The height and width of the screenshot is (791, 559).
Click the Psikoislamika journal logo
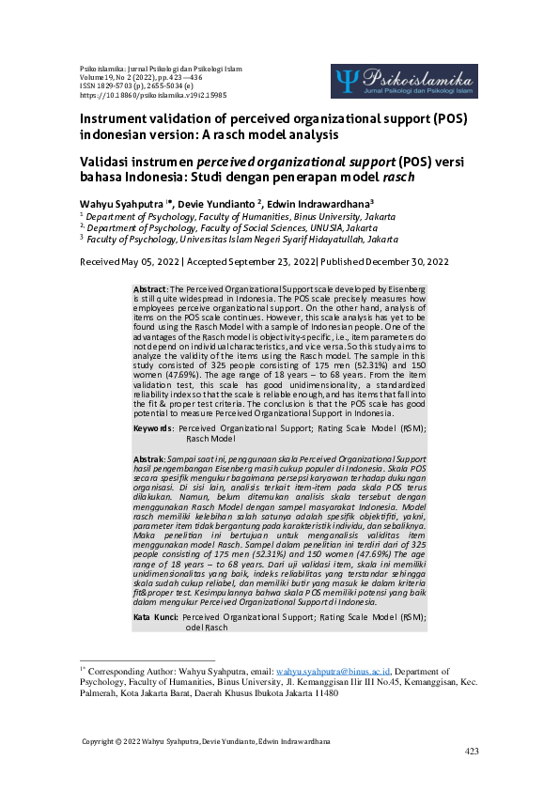404,82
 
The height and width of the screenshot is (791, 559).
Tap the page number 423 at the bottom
473,752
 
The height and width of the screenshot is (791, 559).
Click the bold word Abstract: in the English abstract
150,287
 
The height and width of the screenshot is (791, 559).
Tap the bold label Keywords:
153,427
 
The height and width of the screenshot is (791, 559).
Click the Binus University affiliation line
225,216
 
